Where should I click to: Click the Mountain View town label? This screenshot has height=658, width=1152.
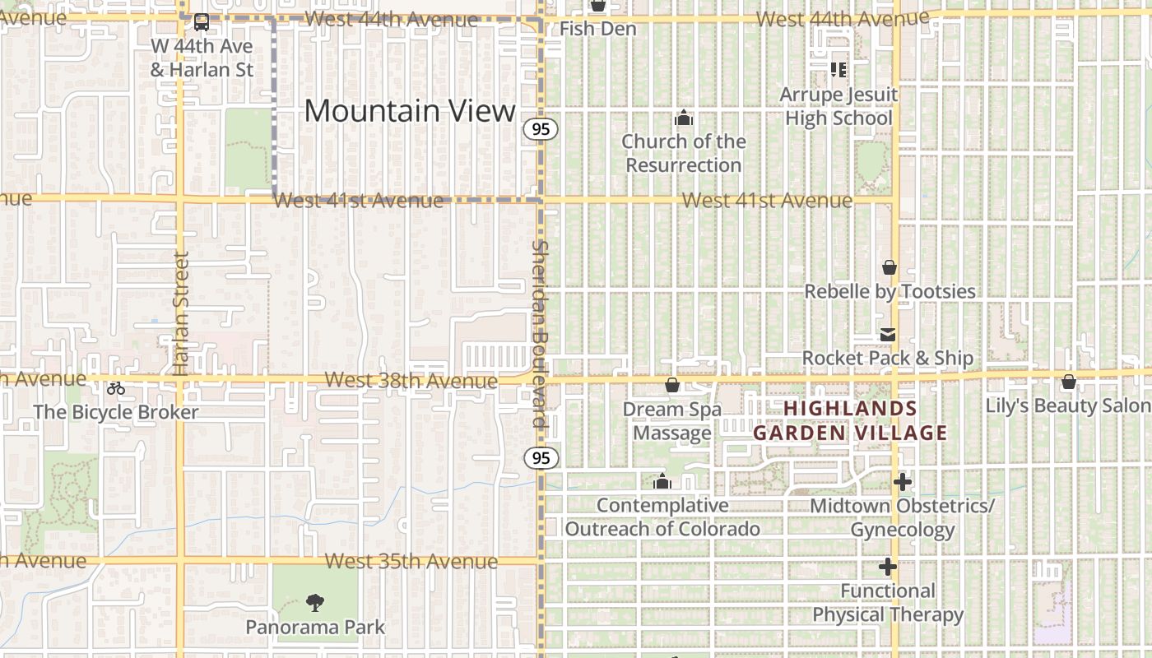(x=410, y=111)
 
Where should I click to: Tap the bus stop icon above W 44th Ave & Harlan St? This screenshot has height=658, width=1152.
(x=202, y=22)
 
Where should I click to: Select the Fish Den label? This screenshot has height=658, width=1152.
(x=598, y=29)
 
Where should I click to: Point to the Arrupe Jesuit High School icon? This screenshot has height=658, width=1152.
(x=838, y=70)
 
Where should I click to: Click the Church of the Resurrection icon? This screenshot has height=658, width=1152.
(x=683, y=118)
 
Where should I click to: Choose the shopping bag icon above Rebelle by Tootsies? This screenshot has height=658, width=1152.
(x=889, y=267)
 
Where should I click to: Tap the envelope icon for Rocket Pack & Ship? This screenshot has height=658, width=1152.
(x=888, y=335)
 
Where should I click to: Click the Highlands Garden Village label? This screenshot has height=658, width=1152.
(x=850, y=420)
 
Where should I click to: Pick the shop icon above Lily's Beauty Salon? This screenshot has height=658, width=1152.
(x=1068, y=382)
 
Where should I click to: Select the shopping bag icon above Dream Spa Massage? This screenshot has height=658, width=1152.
(x=672, y=385)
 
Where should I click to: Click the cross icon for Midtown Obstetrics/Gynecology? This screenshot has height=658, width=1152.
(x=903, y=482)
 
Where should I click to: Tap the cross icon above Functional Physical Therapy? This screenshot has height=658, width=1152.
(x=887, y=567)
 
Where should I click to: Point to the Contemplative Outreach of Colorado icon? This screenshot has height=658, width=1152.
(x=662, y=481)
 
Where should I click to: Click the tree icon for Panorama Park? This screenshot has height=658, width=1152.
(x=314, y=603)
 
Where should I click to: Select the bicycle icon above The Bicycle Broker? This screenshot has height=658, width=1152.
(x=116, y=388)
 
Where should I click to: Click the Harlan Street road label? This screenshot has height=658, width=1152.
(x=182, y=313)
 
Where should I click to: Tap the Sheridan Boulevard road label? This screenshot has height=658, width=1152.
(x=540, y=333)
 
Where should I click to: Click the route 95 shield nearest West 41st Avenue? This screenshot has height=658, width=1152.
(x=540, y=129)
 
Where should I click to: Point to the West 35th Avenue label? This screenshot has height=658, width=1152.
(x=411, y=562)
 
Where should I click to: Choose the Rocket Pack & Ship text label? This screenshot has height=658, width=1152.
(x=888, y=358)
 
